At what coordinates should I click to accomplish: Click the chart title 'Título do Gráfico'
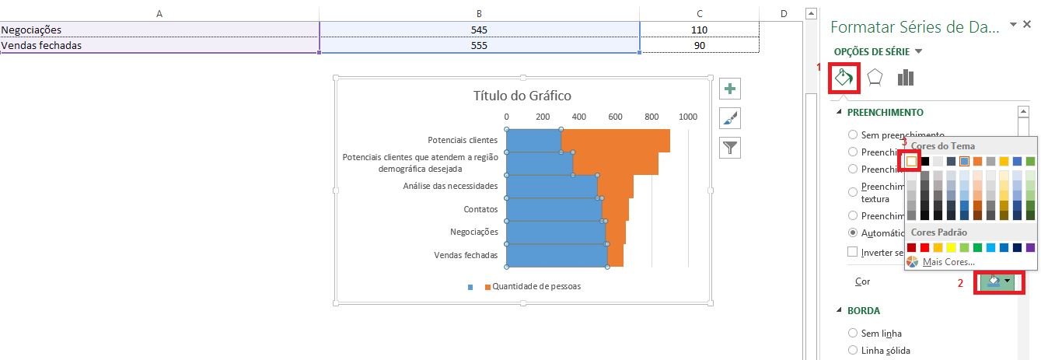522,96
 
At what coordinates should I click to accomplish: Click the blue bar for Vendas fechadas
555,255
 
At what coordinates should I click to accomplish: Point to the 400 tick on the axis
578,117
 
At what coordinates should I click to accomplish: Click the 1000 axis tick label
687,117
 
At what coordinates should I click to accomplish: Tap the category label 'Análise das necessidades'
450,186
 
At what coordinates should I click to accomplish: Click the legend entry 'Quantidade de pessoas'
536,286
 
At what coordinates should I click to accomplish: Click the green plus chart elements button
730,89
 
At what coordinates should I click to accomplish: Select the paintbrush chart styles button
730,118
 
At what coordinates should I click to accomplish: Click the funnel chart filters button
730,147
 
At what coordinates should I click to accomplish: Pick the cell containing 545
479,30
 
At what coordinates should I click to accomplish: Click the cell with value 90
700,45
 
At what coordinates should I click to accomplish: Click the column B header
479,13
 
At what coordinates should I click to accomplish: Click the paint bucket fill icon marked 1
844,78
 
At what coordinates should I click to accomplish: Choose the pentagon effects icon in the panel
875,78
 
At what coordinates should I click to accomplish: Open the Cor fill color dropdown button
999,281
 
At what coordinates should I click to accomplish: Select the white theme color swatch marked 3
912,161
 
